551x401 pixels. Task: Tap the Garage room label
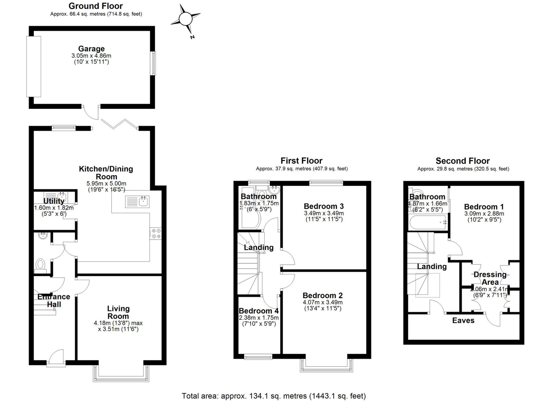coord(91,49)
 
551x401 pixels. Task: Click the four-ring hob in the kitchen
coord(156,233)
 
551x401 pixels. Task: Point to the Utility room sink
coord(62,197)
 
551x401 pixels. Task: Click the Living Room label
coord(118,312)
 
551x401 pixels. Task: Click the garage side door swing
coord(92,113)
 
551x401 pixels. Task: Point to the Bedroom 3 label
coord(324,206)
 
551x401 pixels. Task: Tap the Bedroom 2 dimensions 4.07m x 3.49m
coord(323,302)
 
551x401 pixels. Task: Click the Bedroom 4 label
coord(259,311)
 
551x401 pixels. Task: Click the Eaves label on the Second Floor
coord(463,320)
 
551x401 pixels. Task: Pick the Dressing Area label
coord(490,278)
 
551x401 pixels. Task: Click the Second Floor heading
coord(463,161)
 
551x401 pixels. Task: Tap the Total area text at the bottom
coord(274,396)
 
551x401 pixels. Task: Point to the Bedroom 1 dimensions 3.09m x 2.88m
coord(484,213)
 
